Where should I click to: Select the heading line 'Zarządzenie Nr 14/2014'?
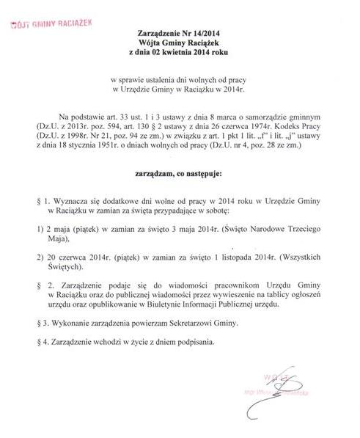pos(180,34)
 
